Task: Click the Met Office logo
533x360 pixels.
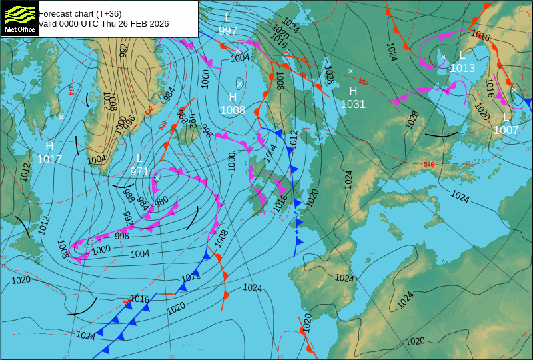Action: [19, 19]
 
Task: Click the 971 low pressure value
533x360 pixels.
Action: [139, 171]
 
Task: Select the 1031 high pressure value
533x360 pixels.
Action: [353, 104]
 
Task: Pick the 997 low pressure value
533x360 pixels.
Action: [228, 31]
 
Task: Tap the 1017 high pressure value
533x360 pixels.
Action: [49, 159]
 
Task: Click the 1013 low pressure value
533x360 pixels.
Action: [462, 68]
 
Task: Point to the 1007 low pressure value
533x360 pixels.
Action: [506, 130]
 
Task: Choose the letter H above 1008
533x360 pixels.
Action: [233, 97]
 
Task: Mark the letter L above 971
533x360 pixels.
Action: [139, 159]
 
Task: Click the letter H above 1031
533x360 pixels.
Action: [353, 91]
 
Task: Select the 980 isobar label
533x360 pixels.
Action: [161, 201]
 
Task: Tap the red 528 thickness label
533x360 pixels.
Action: [363, 82]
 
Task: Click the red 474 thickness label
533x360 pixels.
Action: [71, 90]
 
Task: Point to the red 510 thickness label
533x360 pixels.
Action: [163, 125]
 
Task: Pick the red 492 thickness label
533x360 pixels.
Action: [149, 109]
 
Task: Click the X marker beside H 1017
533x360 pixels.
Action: [61, 117]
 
